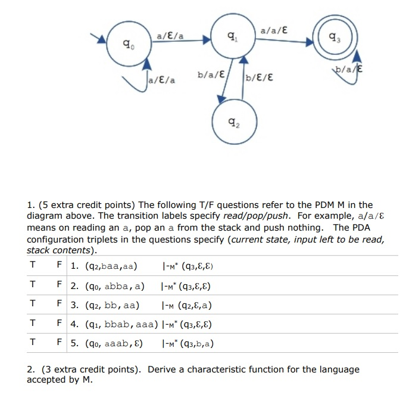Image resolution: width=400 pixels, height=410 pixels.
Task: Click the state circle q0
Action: [x=126, y=44]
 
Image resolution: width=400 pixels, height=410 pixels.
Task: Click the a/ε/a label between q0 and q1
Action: [x=170, y=36]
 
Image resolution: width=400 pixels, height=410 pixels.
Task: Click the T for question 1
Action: [x=32, y=265]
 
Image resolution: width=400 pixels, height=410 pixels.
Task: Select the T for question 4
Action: [x=32, y=325]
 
